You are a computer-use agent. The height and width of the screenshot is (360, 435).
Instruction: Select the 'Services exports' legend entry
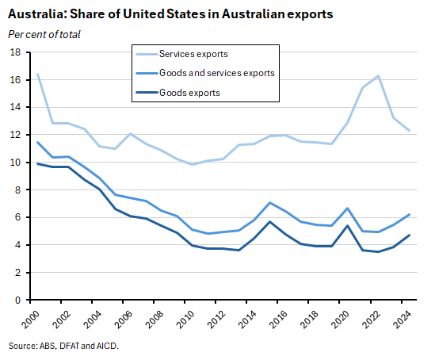pyautogui.click(x=193, y=54)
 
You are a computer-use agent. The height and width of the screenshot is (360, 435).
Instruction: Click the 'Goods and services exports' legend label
pyautogui.click(x=216, y=73)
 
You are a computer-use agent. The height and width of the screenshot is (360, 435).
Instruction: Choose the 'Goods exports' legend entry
pyautogui.click(x=189, y=92)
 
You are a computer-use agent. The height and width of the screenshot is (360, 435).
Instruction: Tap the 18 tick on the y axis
pyautogui.click(x=15, y=52)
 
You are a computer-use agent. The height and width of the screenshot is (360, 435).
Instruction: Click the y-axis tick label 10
pyautogui.click(x=15, y=163)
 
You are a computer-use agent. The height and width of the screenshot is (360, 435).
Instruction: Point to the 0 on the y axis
pyautogui.click(x=17, y=301)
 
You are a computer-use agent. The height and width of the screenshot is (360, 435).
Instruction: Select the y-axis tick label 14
pyautogui.click(x=15, y=107)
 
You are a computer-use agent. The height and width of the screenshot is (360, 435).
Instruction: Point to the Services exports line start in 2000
pyautogui.click(x=36, y=74)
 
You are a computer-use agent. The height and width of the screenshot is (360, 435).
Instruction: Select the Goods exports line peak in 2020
pyautogui.click(x=346, y=226)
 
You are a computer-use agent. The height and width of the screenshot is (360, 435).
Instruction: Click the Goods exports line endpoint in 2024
pyautogui.click(x=409, y=235)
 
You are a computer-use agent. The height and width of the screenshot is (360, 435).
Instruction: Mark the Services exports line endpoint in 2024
pyautogui.click(x=409, y=131)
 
